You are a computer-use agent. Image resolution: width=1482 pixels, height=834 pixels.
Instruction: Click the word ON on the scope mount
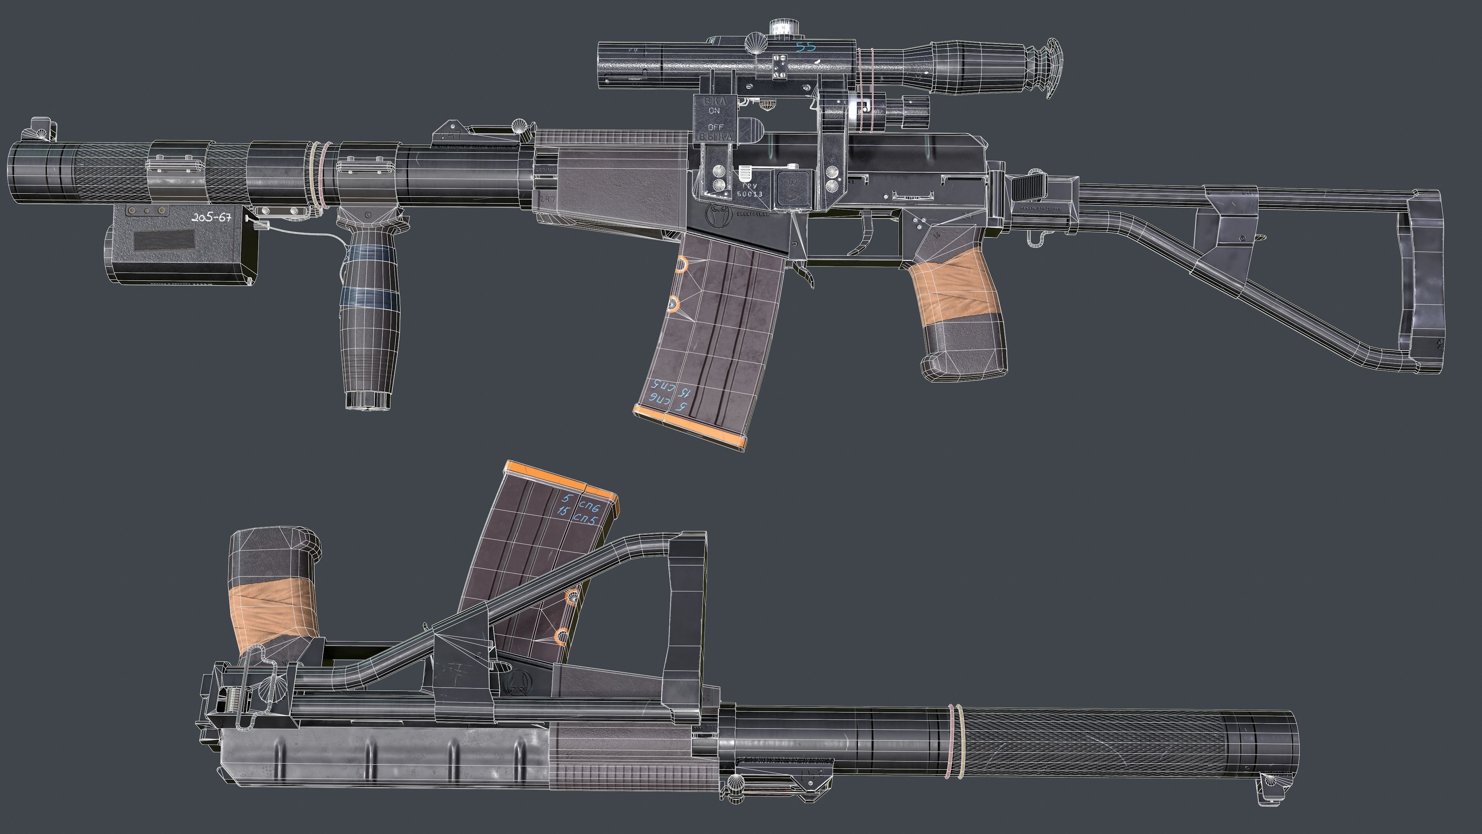click(714, 110)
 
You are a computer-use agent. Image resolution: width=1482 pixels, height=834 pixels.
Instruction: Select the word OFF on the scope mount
click(715, 127)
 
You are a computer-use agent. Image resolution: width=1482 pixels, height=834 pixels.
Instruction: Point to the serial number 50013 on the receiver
click(749, 194)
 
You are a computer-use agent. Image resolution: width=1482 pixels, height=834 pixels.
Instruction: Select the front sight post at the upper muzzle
click(40, 129)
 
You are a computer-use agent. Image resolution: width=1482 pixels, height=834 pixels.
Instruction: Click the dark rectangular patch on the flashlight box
click(164, 240)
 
